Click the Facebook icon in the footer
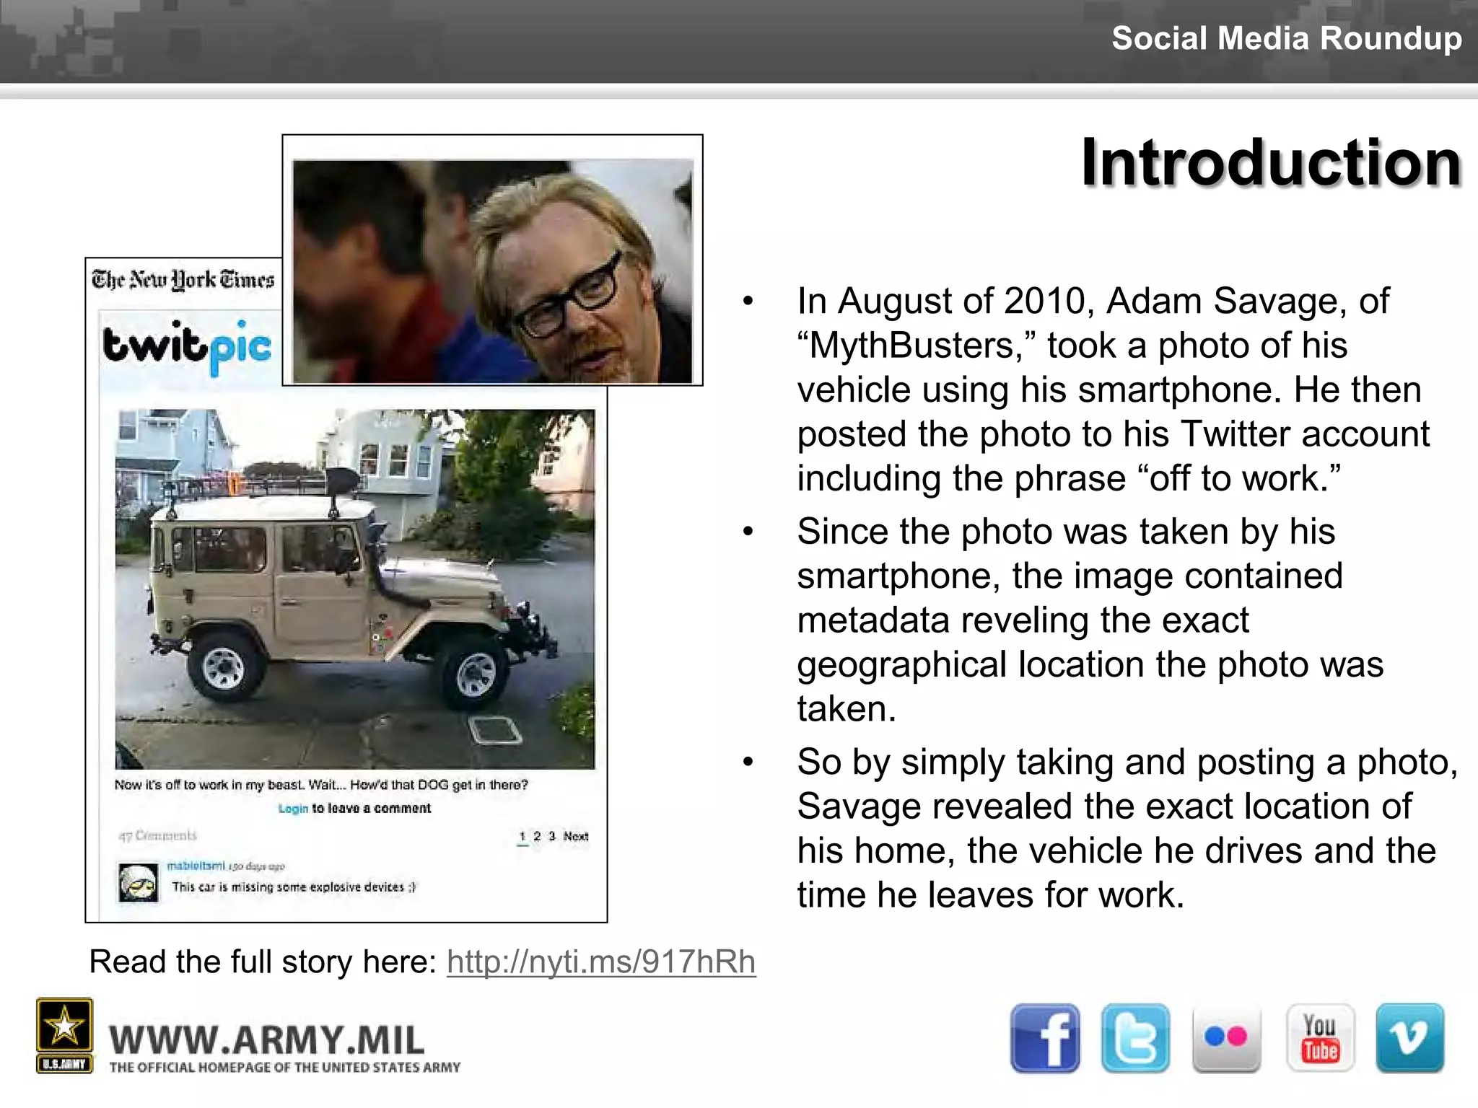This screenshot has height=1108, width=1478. [x=1045, y=1038]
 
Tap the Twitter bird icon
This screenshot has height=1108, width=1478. [x=1135, y=1038]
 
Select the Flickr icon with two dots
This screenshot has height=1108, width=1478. [x=1226, y=1038]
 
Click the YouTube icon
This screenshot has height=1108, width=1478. [x=1320, y=1038]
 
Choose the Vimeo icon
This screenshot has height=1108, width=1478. [x=1409, y=1038]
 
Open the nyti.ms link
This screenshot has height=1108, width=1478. [x=601, y=962]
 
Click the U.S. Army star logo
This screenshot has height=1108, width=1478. [x=64, y=1027]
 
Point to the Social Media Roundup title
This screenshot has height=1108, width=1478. [x=1286, y=38]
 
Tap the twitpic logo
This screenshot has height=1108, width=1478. [x=187, y=347]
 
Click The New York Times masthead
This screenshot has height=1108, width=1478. [x=183, y=279]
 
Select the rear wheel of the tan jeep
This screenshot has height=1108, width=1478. [x=224, y=667]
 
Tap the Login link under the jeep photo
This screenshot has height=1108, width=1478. [x=293, y=809]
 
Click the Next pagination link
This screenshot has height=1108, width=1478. [x=576, y=836]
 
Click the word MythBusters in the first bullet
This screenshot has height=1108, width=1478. [x=917, y=346]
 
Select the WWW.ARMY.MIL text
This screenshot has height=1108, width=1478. [x=267, y=1041]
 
